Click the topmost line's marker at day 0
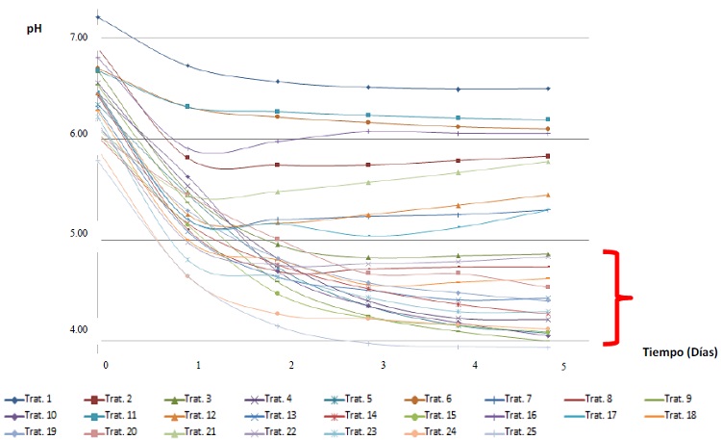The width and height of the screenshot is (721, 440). pyautogui.click(x=98, y=17)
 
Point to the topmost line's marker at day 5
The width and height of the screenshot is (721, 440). pyautogui.click(x=548, y=89)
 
